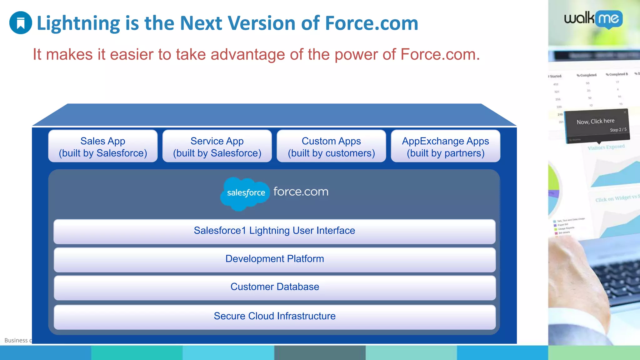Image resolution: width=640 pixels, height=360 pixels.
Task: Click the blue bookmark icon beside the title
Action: click(21, 23)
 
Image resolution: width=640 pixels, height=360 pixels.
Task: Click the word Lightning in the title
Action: click(78, 23)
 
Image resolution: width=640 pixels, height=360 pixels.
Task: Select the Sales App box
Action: click(103, 146)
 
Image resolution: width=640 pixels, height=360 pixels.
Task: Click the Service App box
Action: click(217, 146)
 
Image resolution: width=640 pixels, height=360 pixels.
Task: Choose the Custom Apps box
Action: click(331, 146)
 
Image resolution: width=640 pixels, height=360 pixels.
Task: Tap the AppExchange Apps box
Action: click(445, 146)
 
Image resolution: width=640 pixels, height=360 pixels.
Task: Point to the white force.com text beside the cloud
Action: click(301, 192)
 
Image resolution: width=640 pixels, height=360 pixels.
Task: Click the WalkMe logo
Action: click(593, 19)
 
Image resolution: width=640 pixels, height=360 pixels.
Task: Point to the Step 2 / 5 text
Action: click(618, 130)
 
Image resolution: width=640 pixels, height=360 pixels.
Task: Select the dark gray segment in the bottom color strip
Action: click(320, 353)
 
